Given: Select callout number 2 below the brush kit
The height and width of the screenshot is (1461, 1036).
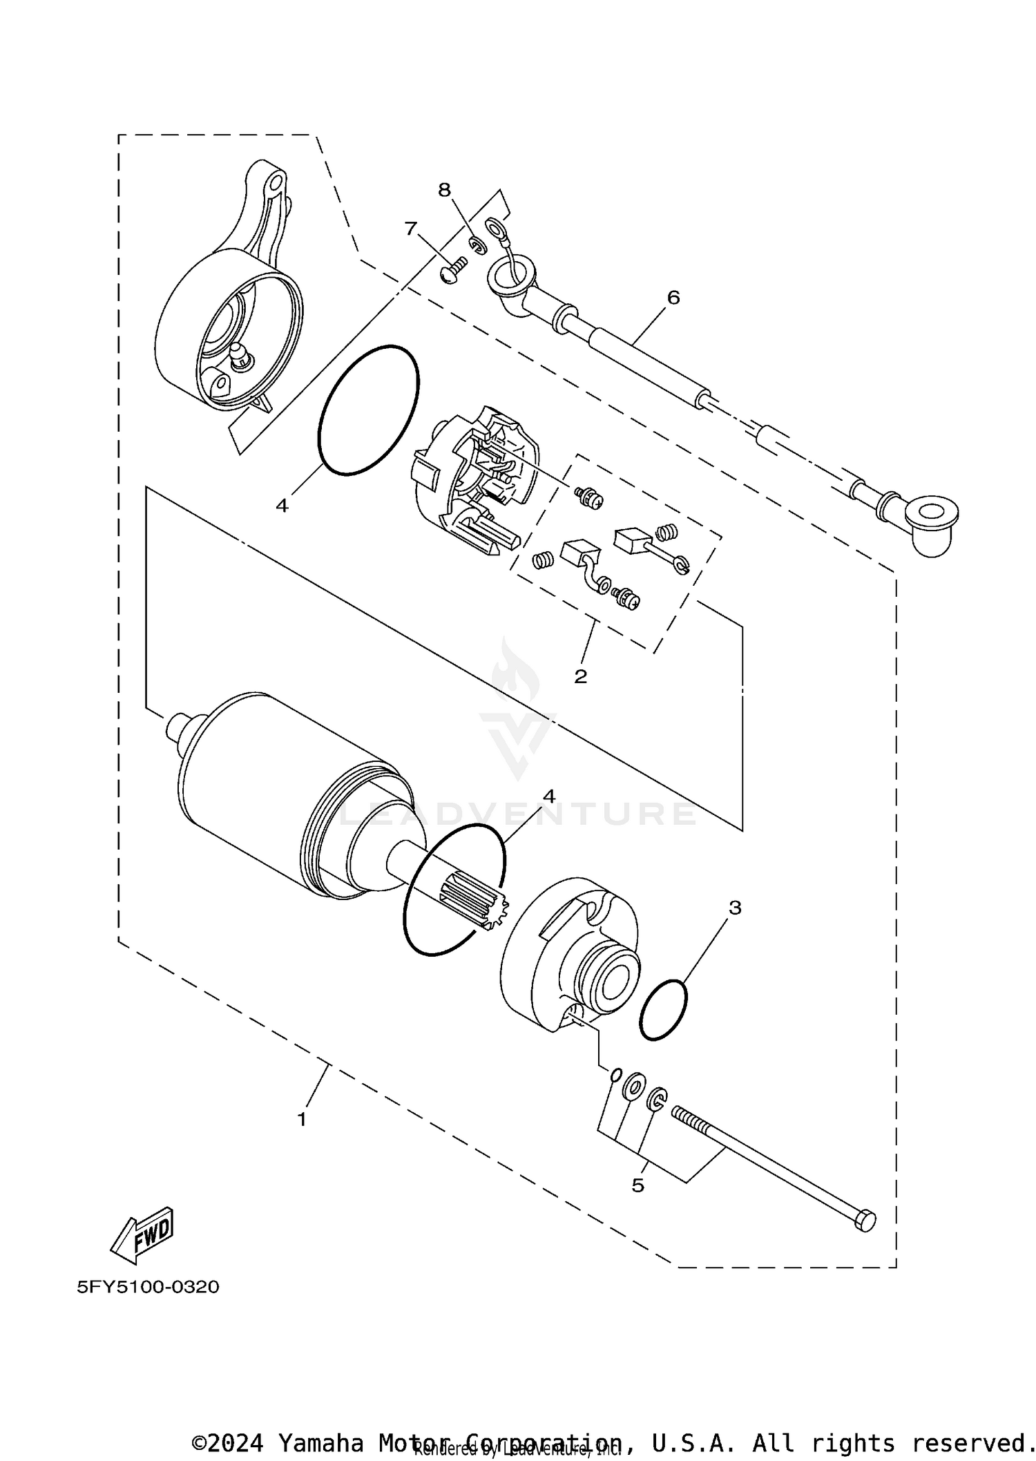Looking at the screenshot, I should pyautogui.click(x=580, y=676).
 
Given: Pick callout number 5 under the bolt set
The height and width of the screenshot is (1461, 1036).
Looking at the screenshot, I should pyautogui.click(x=637, y=1185).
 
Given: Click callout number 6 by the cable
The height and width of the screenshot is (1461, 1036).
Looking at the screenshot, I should pyautogui.click(x=673, y=298).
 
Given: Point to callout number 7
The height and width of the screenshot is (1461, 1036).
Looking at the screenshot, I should pyautogui.click(x=411, y=228).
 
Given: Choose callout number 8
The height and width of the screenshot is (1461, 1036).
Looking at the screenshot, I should pyautogui.click(x=444, y=189).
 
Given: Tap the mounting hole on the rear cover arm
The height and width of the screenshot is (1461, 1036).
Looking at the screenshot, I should pyautogui.click(x=275, y=182).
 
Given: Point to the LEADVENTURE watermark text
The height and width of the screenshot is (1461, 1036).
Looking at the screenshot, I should pyautogui.click(x=518, y=814).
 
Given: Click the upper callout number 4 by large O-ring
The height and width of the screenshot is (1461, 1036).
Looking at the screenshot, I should pyautogui.click(x=282, y=506).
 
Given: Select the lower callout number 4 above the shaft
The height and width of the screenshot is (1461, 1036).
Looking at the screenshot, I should pyautogui.click(x=549, y=796).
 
